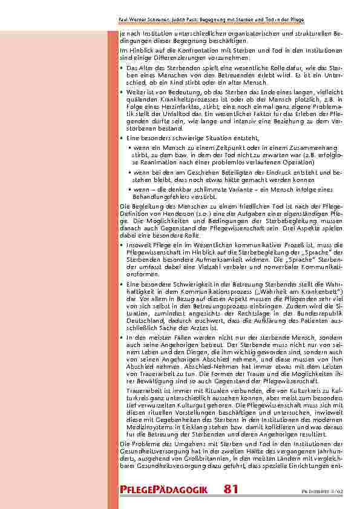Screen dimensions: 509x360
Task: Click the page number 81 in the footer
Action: click(231, 488)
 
